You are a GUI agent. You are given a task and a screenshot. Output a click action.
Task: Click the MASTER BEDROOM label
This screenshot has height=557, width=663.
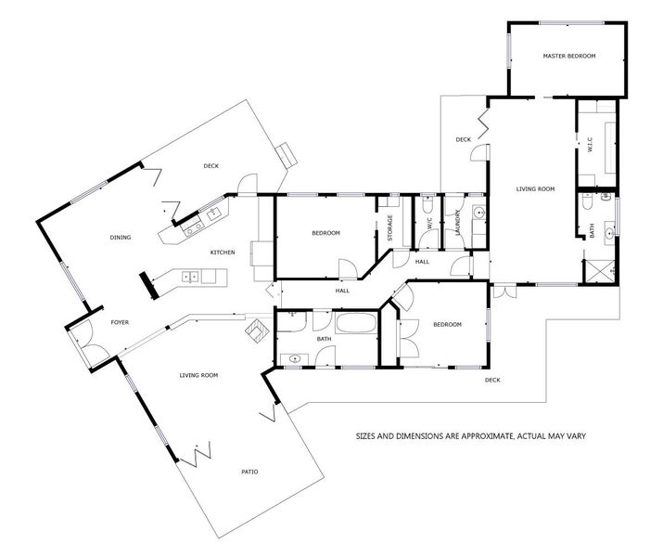tap(568, 57)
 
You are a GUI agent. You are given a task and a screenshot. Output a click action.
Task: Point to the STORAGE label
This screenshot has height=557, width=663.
tap(389, 227)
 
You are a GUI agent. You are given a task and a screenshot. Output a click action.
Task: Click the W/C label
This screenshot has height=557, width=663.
tap(429, 224)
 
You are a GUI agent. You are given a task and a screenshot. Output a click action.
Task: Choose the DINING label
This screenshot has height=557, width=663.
tap(120, 238)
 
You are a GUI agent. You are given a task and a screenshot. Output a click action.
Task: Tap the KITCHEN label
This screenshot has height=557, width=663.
tap(222, 253)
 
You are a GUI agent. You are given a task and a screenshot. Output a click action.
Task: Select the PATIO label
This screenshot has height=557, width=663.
tap(249, 472)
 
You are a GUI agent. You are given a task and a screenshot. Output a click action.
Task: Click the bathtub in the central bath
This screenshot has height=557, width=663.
tap(354, 326)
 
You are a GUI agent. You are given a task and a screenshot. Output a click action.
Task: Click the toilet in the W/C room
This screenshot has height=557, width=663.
tap(427, 204)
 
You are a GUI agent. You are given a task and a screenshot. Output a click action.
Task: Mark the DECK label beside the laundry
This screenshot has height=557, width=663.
tap(464, 139)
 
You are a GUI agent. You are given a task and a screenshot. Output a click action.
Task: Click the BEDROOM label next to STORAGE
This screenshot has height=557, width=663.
tap(325, 233)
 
